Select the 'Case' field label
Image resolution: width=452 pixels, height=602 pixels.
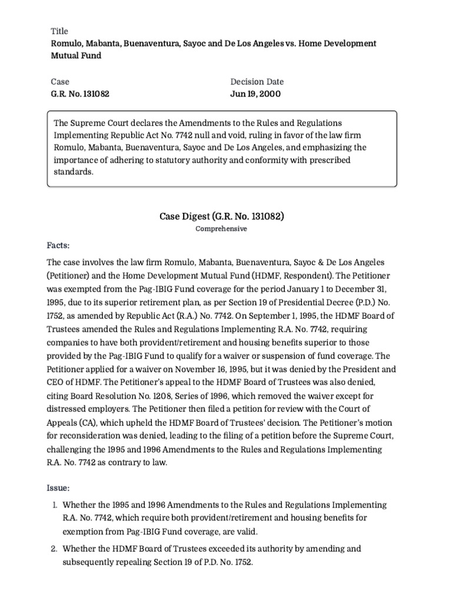coord(60,82)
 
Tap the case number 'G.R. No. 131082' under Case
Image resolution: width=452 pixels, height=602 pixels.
coord(80,93)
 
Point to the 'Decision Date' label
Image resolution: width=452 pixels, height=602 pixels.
coord(257,82)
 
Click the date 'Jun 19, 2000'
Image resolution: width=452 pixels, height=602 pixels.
coord(255,93)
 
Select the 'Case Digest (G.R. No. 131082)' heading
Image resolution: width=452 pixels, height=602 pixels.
coord(222,216)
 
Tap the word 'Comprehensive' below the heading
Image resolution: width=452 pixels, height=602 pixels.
coord(221,229)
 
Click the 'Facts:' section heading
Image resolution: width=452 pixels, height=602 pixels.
coord(58,244)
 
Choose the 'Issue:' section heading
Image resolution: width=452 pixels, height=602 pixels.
coord(58,489)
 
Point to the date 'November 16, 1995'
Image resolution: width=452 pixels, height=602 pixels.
coord(210,369)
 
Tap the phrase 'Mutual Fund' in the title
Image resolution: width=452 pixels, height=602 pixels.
coord(76,56)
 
